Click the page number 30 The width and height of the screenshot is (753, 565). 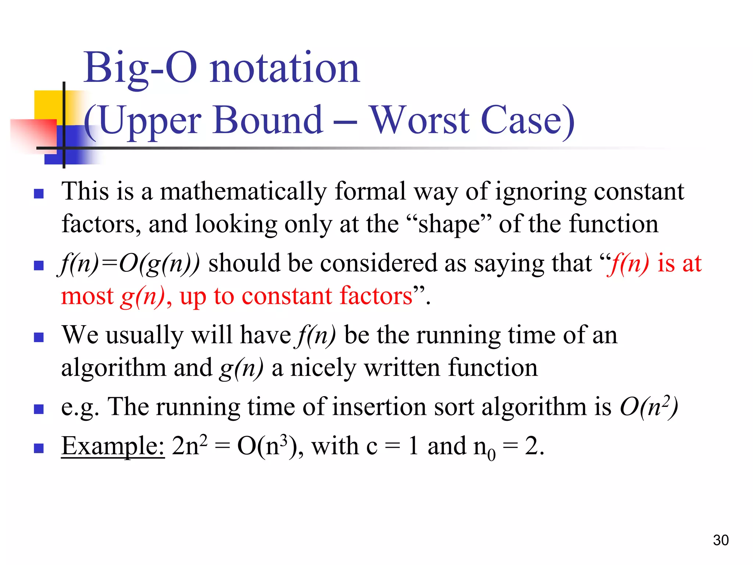[721, 540]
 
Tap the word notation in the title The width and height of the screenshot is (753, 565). [285, 68]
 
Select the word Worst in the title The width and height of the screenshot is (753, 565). [419, 120]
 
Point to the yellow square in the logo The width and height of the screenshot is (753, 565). [48, 104]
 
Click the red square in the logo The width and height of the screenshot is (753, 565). [33, 134]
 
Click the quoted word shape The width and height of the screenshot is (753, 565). [449, 224]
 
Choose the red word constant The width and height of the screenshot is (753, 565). [287, 296]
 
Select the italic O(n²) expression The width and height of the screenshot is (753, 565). [649, 407]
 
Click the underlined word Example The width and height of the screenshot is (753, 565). [113, 446]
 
